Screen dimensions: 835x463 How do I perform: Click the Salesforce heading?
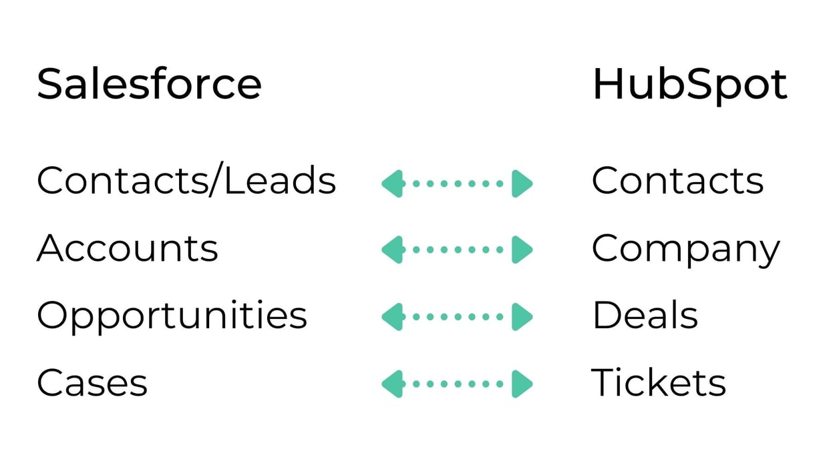[149, 83]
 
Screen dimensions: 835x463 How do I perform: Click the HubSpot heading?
[690, 85]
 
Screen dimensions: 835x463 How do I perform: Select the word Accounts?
[128, 248]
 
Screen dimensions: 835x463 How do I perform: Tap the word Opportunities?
[172, 317]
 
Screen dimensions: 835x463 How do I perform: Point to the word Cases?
[92, 382]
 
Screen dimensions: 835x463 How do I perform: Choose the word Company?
[686, 250]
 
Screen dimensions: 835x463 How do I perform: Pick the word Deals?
[645, 315]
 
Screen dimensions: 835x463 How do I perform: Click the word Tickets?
[659, 382]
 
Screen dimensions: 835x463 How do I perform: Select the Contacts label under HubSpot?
[677, 181]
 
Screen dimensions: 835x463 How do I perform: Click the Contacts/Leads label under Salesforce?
[186, 179]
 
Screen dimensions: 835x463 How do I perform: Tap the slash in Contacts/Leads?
[216, 179]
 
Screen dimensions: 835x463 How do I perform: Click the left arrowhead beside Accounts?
[393, 250]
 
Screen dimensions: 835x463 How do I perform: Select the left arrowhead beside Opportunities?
[393, 317]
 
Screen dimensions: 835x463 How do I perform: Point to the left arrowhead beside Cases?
[393, 384]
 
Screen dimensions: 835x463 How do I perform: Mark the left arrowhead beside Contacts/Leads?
[393, 183]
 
